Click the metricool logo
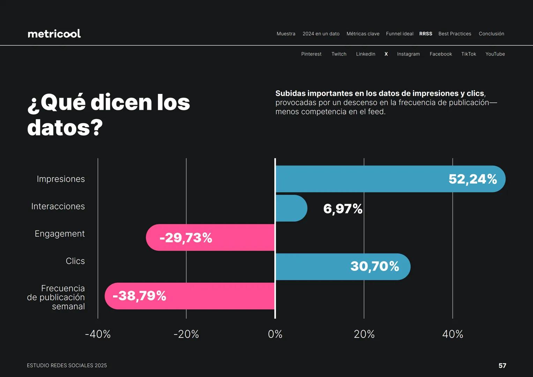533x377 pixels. click(x=54, y=34)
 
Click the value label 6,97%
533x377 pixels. click(x=343, y=209)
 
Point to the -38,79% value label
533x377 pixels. click(x=139, y=296)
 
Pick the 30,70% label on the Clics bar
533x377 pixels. click(x=375, y=266)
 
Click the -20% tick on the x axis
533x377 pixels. click(x=186, y=334)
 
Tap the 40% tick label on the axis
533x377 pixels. click(x=452, y=334)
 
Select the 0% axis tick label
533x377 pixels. click(x=275, y=334)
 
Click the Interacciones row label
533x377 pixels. click(x=58, y=206)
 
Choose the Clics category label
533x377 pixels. click(x=75, y=261)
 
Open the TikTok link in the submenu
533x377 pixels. click(x=468, y=54)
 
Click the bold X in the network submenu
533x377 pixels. click(x=386, y=54)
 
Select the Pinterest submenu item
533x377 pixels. click(x=311, y=54)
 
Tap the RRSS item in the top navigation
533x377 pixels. click(x=425, y=34)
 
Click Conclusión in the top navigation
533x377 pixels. click(x=491, y=34)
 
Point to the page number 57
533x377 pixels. click(x=502, y=365)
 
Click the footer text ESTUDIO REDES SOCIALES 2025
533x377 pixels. click(x=67, y=365)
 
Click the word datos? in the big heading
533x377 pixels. click(x=65, y=128)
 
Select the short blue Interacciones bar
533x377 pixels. click(x=290, y=208)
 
